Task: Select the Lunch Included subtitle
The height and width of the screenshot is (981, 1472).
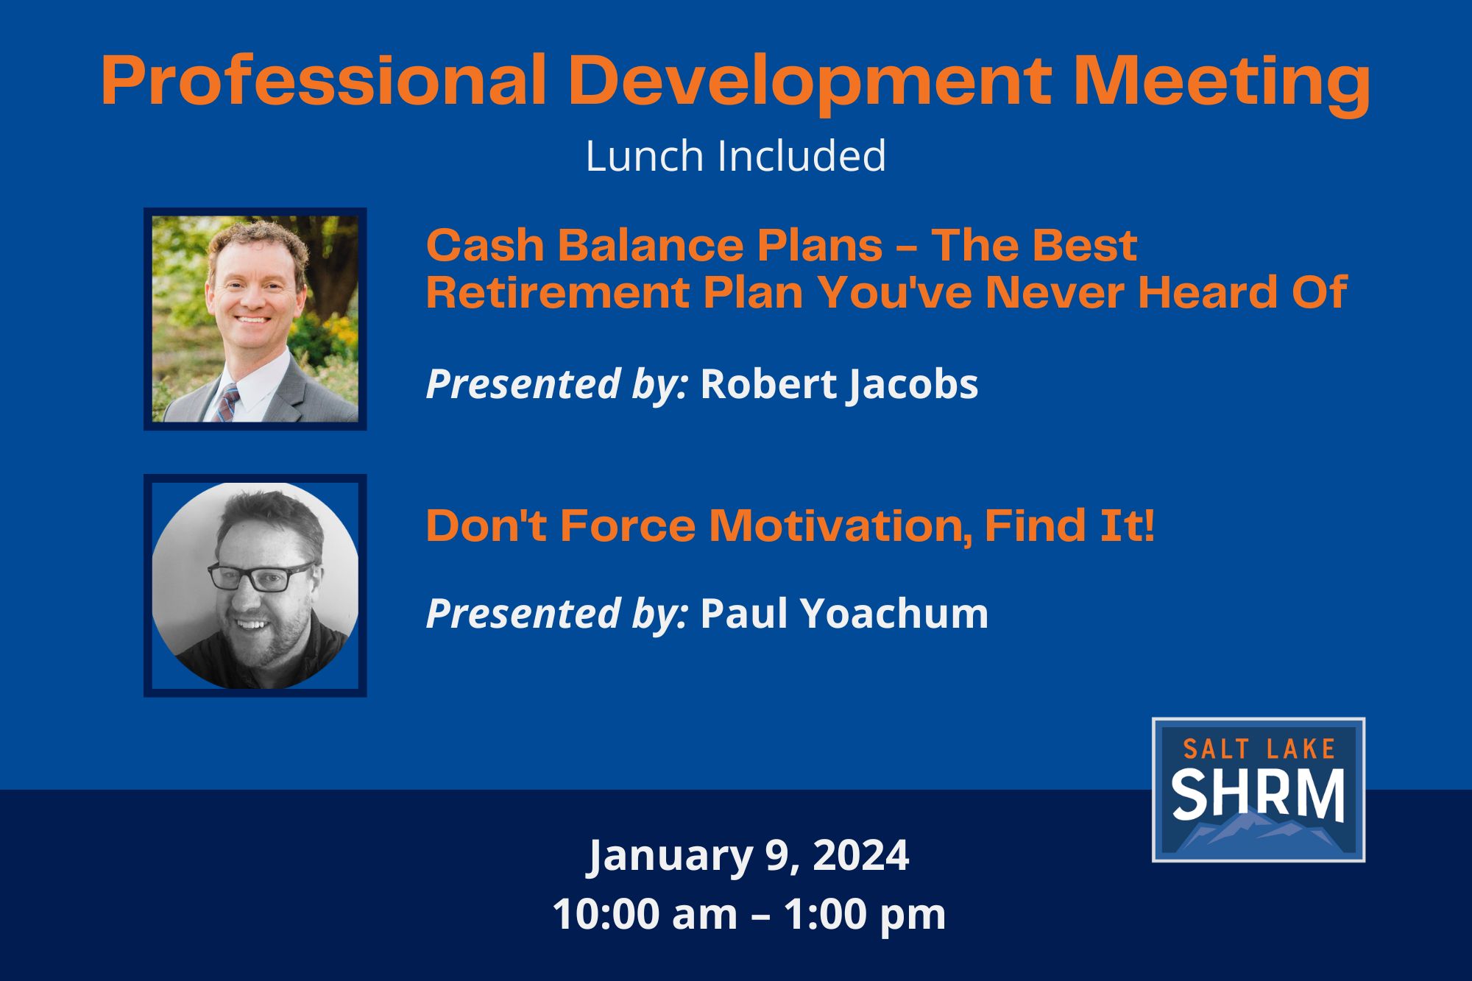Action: [x=735, y=156]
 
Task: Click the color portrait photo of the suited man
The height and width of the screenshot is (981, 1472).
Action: [x=255, y=319]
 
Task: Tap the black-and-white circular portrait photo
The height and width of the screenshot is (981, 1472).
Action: [x=255, y=586]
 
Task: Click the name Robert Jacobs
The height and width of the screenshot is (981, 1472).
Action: [x=839, y=385]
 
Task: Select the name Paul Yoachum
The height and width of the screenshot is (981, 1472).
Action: [x=844, y=613]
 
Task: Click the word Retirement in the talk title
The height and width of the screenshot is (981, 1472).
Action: [x=556, y=292]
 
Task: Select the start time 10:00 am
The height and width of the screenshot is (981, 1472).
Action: [x=645, y=914]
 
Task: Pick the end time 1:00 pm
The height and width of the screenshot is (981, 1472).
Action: [x=864, y=914]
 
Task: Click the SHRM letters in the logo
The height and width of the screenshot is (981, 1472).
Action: [x=1258, y=794]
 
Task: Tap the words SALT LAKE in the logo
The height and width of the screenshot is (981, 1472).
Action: [x=1259, y=749]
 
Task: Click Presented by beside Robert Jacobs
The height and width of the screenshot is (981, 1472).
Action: [x=557, y=385]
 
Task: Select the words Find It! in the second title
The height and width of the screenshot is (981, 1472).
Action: [x=1069, y=525]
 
